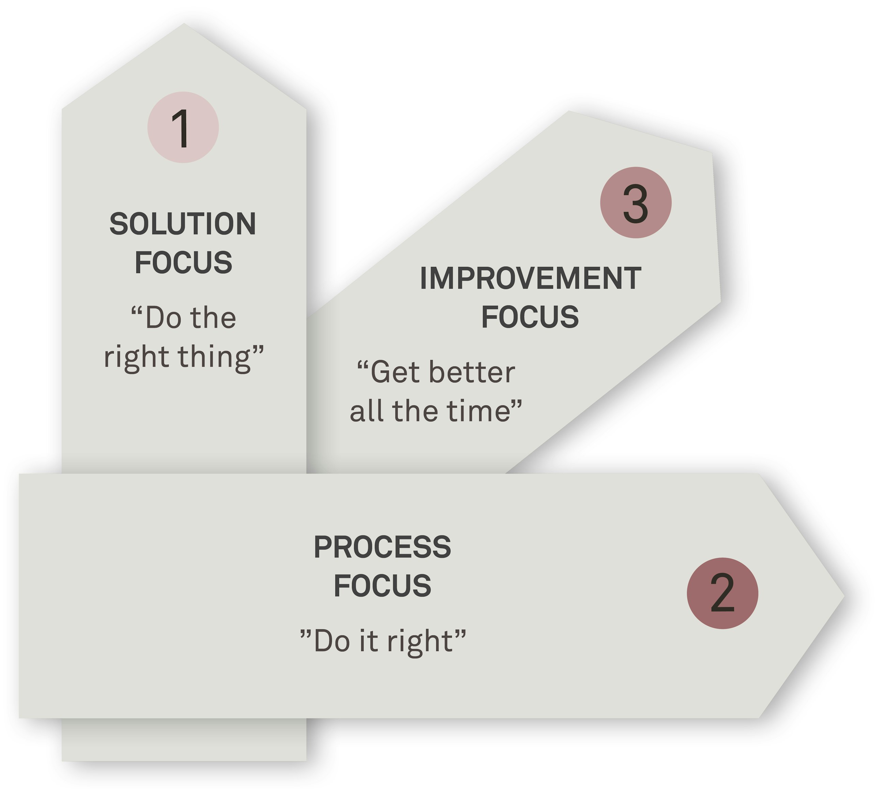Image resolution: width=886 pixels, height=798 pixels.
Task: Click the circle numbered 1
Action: coord(183,127)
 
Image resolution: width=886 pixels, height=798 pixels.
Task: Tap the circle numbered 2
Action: coord(722,593)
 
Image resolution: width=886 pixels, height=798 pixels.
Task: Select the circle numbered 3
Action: coord(635,202)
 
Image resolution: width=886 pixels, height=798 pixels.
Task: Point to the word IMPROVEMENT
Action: coord(530,278)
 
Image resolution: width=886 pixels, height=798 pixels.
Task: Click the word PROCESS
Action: coord(382,547)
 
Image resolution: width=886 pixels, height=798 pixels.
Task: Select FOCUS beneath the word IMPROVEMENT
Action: coord(530,317)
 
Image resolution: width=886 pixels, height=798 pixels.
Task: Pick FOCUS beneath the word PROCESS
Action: coord(382,586)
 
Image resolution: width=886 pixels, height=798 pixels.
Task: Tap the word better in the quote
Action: coord(472,373)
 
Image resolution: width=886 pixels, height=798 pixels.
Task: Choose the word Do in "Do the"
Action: coord(163,318)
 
